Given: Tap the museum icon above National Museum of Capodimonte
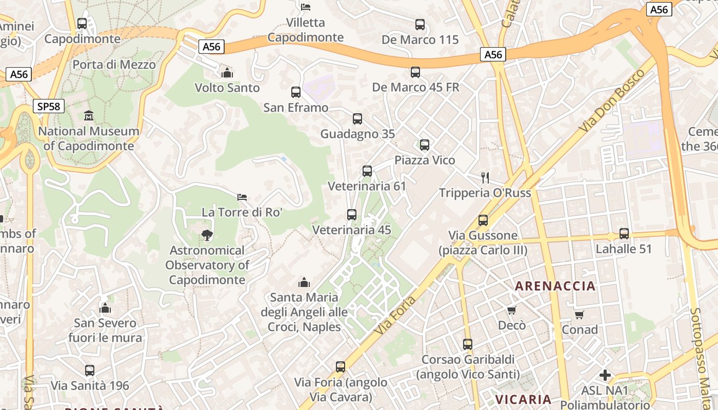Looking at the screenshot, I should (89, 115).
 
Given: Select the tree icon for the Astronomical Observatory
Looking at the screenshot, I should (207, 235).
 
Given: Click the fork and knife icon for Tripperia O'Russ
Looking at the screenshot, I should (485, 178).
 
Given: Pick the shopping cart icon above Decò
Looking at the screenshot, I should (511, 310).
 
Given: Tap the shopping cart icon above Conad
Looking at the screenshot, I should (580, 315).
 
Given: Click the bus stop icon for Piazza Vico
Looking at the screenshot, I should (425, 145).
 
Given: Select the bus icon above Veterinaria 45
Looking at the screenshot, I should (352, 215).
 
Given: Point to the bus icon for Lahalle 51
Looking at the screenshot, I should (624, 234).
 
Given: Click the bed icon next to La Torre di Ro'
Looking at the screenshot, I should (242, 197).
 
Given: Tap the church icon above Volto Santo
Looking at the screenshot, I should (227, 73).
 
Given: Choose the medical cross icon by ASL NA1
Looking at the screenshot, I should (605, 375).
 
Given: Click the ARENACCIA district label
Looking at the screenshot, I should (555, 286).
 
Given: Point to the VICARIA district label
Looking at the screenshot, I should (523, 399).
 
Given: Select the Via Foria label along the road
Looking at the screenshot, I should (394, 312).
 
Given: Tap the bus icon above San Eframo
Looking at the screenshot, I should (296, 92).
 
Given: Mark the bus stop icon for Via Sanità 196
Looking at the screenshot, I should (90, 370).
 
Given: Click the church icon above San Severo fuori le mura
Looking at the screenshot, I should (105, 308).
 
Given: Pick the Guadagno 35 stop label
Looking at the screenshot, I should (357, 134).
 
